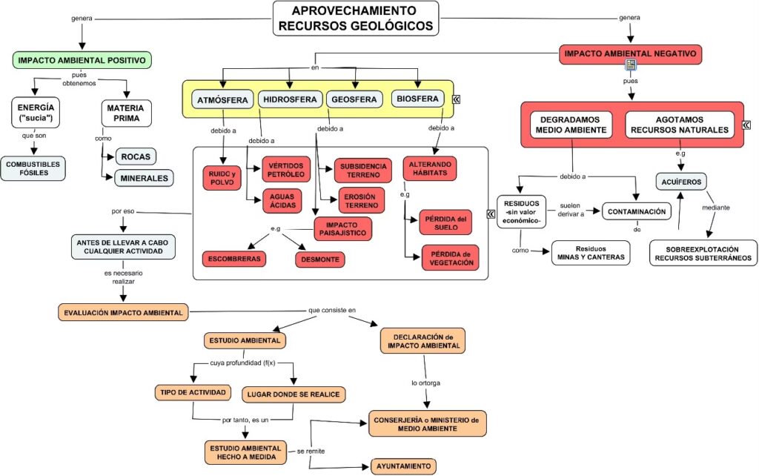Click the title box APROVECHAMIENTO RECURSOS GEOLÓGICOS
356,18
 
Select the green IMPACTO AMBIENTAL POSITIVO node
82,60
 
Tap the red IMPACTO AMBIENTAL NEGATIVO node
629,54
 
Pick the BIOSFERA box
418,99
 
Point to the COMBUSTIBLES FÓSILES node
33,168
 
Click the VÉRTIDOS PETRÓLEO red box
286,169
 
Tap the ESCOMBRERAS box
234,259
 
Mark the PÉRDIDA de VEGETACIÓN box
450,257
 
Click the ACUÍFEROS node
680,181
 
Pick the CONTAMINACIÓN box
637,212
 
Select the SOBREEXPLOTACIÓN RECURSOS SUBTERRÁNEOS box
703,253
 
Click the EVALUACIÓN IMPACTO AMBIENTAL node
122,312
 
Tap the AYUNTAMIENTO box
402,466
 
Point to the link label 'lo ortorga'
426,383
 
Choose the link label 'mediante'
715,208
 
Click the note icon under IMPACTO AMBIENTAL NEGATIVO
630,66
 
